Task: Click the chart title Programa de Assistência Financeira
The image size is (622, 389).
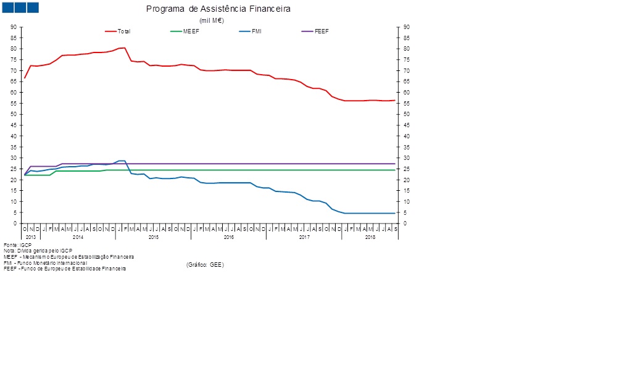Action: pyautogui.click(x=218, y=9)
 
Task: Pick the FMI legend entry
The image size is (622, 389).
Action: pyautogui.click(x=256, y=31)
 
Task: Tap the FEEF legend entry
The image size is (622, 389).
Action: pyautogui.click(x=321, y=31)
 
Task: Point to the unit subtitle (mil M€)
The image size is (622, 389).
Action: pyautogui.click(x=211, y=20)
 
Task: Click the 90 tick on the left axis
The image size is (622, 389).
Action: pyautogui.click(x=14, y=27)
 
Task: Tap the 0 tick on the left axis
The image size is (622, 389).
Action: pyautogui.click(x=15, y=224)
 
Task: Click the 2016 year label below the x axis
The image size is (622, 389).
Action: pyautogui.click(x=228, y=237)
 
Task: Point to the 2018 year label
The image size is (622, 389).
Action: pyautogui.click(x=370, y=237)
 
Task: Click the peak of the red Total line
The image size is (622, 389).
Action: pyautogui.click(x=125, y=48)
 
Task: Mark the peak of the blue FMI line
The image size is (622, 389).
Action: pyautogui.click(x=122, y=161)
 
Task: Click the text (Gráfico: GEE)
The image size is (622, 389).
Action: pyautogui.click(x=205, y=264)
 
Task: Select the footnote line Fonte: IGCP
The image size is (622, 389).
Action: pyautogui.click(x=17, y=245)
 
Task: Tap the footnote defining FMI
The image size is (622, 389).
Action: pyautogui.click(x=45, y=262)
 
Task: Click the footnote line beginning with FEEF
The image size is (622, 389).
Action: pyautogui.click(x=65, y=269)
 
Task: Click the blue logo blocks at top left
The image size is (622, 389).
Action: pyautogui.click(x=20, y=7)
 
